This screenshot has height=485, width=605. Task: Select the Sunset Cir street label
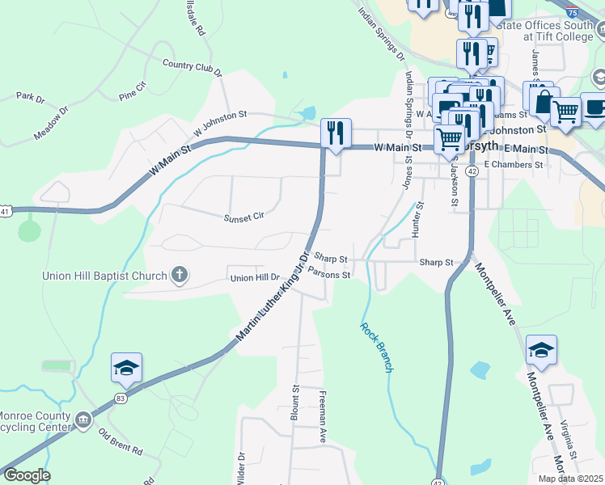(x=244, y=217)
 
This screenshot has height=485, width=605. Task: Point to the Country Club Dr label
(x=192, y=68)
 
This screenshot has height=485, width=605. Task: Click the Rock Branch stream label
(x=377, y=347)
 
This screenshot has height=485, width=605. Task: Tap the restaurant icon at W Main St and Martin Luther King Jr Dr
(x=336, y=132)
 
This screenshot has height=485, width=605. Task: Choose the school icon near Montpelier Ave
(x=541, y=349)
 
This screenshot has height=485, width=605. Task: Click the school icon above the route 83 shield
(x=126, y=367)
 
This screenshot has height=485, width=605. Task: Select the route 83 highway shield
(x=121, y=398)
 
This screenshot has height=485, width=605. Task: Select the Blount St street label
(x=294, y=407)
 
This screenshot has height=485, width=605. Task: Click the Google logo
(x=27, y=475)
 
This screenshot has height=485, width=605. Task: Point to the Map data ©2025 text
(x=569, y=479)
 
